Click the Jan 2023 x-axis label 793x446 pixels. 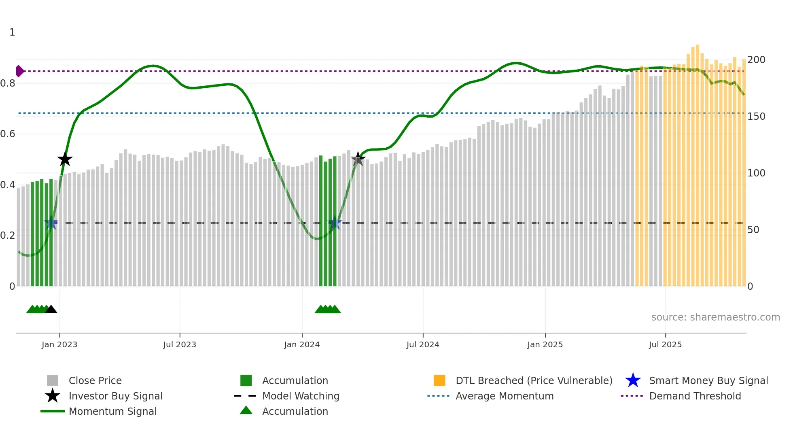59,344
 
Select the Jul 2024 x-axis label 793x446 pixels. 423,344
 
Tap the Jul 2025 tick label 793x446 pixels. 665,344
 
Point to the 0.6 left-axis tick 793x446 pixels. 8,134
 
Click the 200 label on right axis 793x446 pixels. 756,60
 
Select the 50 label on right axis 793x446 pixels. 753,230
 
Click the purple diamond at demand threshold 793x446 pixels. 19,71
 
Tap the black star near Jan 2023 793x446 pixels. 65,159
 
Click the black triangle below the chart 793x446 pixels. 51,310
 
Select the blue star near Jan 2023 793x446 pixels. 51,223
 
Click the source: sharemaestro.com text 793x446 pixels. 715,317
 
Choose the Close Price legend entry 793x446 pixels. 95,380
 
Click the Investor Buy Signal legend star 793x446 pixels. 53,396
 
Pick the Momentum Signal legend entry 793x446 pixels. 112,411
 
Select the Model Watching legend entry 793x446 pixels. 300,396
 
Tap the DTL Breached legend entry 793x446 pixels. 534,380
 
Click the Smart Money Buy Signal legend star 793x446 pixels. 633,380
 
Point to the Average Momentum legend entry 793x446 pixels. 504,396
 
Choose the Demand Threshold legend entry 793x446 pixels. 695,396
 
